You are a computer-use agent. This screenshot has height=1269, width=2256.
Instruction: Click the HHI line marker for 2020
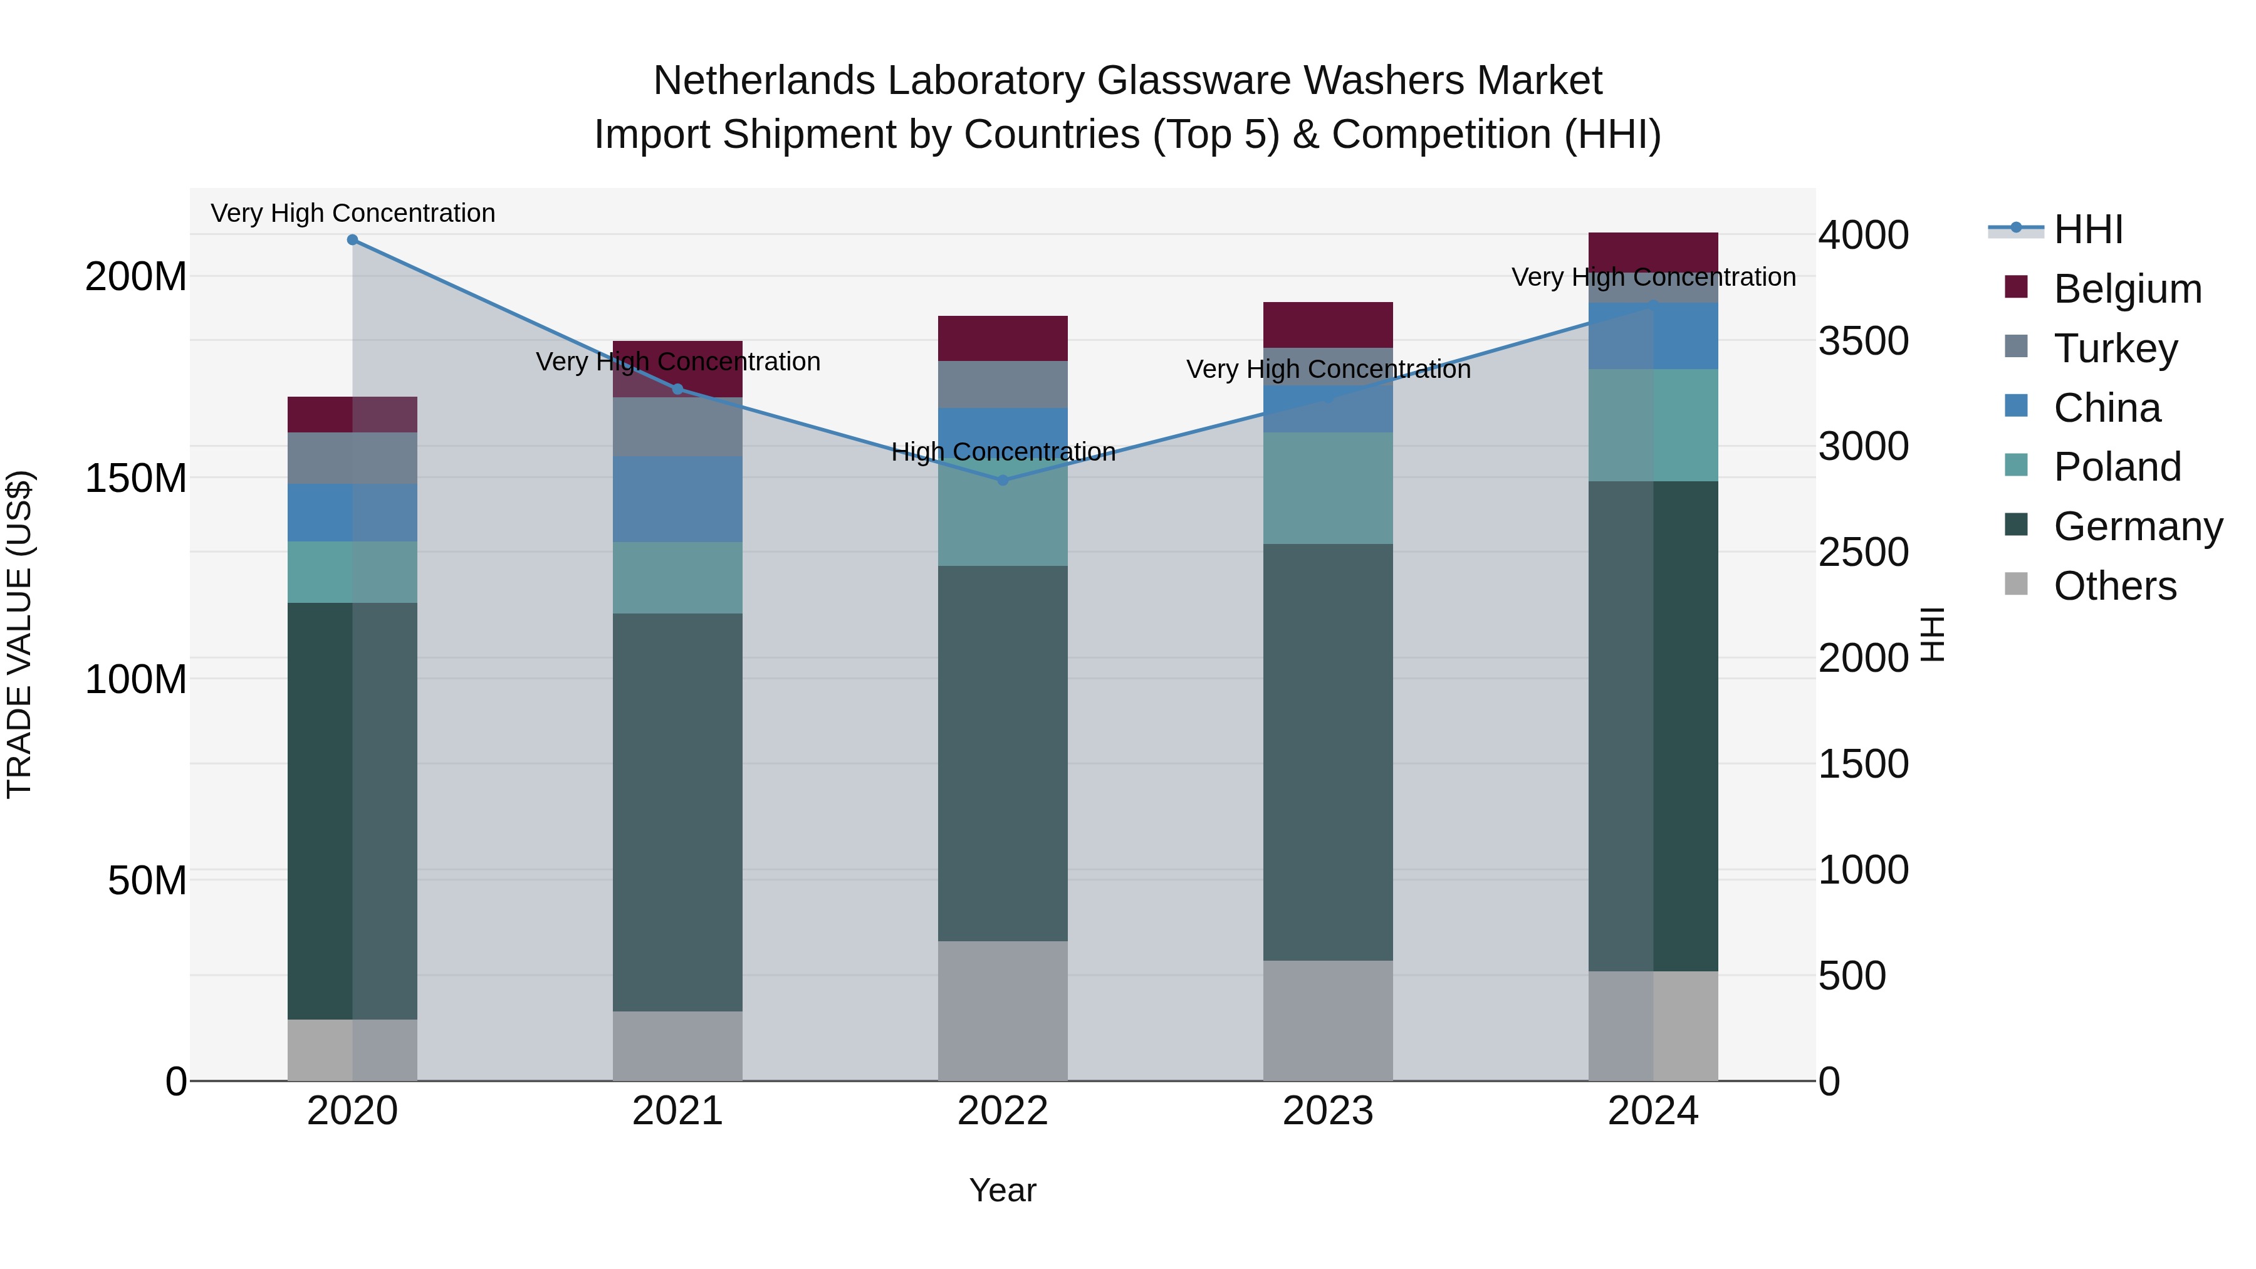(352, 240)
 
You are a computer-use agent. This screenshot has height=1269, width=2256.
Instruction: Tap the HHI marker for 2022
(1003, 481)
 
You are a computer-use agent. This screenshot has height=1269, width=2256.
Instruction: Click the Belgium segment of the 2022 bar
(1003, 338)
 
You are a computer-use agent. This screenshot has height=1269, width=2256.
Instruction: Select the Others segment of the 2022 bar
(1003, 1011)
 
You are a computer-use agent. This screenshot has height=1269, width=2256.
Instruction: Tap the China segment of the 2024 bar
(1654, 337)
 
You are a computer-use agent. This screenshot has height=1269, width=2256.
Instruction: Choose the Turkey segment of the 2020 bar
(352, 457)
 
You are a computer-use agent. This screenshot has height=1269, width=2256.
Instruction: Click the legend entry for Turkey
(2115, 348)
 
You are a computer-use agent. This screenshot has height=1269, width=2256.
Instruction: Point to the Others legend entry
(2114, 586)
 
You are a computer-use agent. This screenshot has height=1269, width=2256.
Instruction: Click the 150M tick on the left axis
(136, 478)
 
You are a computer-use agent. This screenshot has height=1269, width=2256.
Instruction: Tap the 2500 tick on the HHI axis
(1863, 553)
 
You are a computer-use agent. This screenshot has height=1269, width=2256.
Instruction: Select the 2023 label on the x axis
(1328, 1111)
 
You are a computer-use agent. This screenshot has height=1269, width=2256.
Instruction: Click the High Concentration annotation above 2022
(1003, 452)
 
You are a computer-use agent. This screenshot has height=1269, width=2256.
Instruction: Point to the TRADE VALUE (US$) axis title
(19, 634)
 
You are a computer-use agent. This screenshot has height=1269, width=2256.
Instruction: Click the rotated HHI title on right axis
(1932, 634)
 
